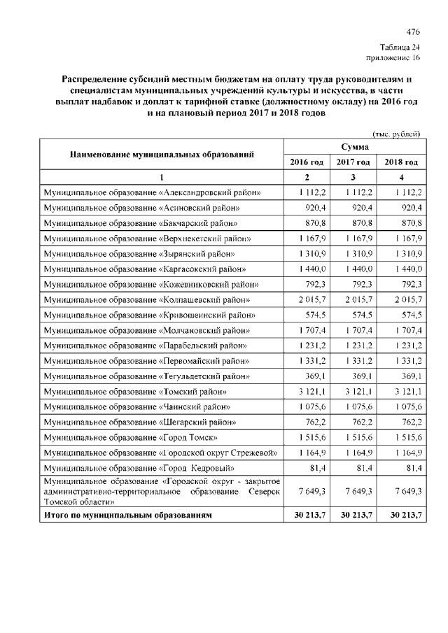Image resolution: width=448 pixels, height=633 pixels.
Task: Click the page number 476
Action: point(413,32)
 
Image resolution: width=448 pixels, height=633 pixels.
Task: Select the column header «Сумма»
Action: point(354,147)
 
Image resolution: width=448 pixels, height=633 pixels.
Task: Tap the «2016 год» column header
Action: point(307,162)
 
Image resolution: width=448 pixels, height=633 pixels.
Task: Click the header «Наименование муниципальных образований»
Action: point(161,154)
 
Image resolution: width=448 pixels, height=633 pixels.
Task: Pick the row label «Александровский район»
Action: point(153,192)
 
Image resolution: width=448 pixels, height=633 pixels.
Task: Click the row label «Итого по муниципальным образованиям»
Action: point(127,515)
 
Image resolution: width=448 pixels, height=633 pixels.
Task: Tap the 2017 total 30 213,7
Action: point(353,515)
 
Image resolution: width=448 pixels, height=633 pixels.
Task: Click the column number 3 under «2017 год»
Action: point(353,177)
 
